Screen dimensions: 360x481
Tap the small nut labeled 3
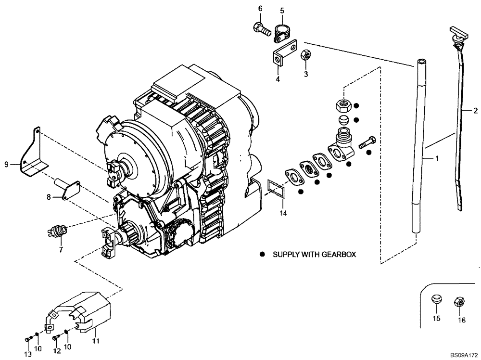(x=304, y=55)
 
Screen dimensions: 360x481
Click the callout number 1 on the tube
(x=437, y=158)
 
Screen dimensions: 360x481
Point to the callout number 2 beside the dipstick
(x=475, y=111)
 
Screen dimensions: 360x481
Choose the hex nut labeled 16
(x=459, y=302)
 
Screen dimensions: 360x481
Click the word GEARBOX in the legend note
(x=339, y=254)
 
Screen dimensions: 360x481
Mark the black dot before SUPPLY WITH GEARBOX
(x=263, y=254)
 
